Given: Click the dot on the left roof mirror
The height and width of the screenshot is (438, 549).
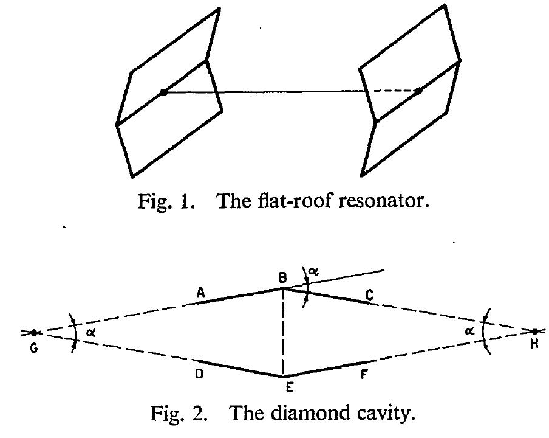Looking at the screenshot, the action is pos(163,92).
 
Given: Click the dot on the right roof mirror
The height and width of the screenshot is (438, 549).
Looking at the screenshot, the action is pos(418,91).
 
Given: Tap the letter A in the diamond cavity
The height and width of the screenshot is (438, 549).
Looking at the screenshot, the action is pos(200,292).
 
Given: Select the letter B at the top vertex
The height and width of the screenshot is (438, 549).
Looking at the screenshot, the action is pos(282,278).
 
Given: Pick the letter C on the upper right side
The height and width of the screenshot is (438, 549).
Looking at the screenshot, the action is pos(369,296).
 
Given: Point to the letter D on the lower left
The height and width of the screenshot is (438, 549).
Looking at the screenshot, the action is pos(199,374).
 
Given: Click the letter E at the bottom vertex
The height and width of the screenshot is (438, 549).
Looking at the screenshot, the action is pos(289,387).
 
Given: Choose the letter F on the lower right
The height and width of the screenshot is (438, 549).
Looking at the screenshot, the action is pos(364,375).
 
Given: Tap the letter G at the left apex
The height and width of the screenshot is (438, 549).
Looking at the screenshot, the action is pos(34,348).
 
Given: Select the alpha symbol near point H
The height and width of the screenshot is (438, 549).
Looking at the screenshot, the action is pos(470,330).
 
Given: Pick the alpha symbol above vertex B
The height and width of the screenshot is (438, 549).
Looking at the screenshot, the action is pos(314,271).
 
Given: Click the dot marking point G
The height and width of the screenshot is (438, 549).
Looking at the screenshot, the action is pos(33,332).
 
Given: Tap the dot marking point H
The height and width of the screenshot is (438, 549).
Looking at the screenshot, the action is pos(534,332).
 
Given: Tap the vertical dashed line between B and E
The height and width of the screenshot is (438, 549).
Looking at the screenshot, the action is pos(283,332).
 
